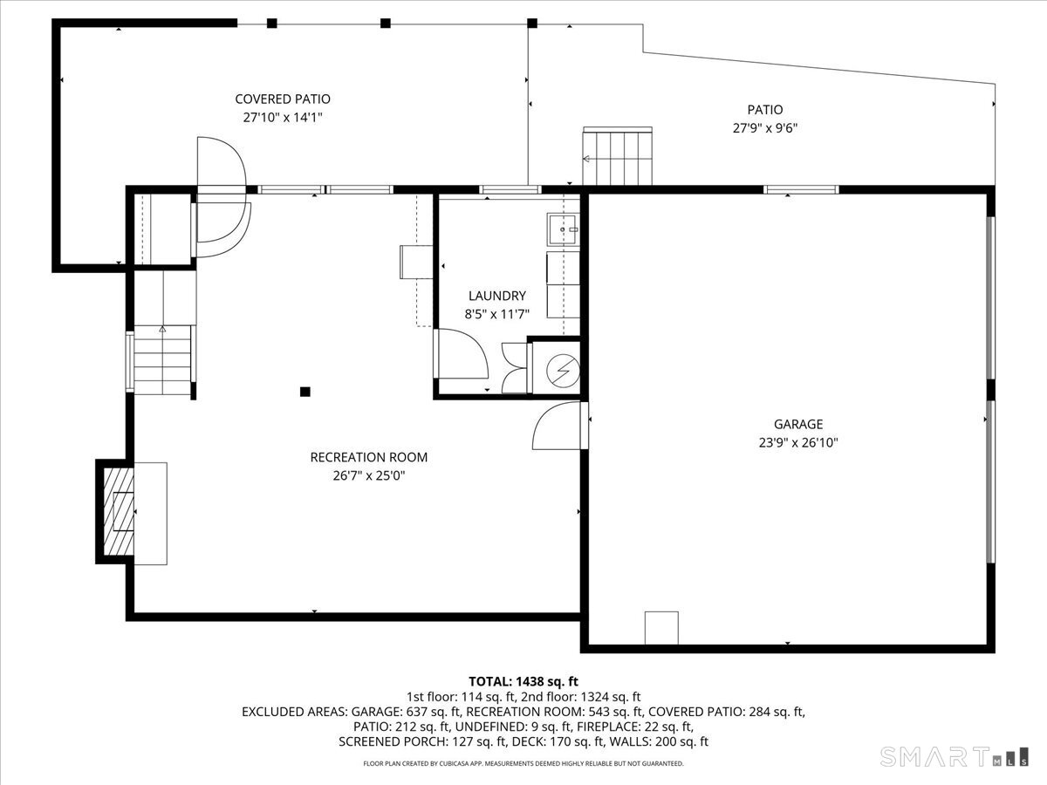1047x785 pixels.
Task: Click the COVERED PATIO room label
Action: [x=283, y=99]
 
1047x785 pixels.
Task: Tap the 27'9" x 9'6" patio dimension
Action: [x=765, y=128]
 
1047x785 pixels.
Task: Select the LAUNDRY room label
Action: [x=497, y=296]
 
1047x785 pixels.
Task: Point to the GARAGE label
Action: [x=798, y=424]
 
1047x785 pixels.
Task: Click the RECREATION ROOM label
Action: [x=369, y=458]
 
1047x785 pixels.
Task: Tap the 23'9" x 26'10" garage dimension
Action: [x=798, y=443]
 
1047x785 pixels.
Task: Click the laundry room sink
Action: [x=563, y=229]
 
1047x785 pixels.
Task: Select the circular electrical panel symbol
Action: [x=564, y=371]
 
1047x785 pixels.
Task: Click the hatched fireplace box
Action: [x=119, y=512]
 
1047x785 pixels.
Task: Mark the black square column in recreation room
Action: [x=305, y=392]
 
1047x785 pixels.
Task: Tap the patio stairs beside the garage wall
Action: [x=617, y=156]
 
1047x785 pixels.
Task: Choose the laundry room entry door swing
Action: [x=461, y=353]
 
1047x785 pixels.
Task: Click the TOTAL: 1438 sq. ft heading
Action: [x=523, y=681]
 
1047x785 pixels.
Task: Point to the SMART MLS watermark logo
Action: [x=954, y=756]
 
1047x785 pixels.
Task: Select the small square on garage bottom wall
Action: [x=661, y=628]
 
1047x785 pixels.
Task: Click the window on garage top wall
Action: [x=801, y=189]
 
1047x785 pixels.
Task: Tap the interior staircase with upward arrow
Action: [x=162, y=359]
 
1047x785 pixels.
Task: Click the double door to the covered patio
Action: [x=222, y=197]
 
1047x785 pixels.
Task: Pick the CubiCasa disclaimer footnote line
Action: [x=523, y=763]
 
